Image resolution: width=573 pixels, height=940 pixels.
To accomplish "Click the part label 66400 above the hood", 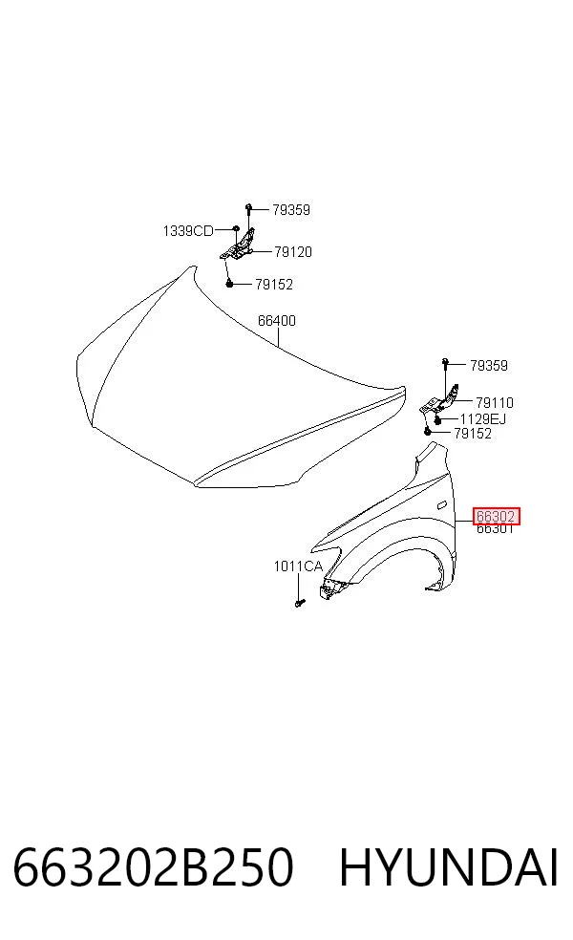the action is pos(276,321).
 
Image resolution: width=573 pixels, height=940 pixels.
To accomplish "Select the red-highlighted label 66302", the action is pos(496,516).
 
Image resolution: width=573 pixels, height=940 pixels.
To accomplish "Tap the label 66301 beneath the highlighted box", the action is pos(495,529).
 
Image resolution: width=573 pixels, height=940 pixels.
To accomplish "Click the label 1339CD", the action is pos(188,231).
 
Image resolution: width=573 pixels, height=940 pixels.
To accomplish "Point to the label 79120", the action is pos(293,252).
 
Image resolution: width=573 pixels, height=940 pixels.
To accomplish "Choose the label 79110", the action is pos(495,403).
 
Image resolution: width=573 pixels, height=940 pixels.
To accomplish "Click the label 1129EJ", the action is pos(483,419).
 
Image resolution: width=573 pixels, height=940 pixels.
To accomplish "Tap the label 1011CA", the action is pos(298,566).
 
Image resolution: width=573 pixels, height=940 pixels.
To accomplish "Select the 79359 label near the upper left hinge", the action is pos(291,210).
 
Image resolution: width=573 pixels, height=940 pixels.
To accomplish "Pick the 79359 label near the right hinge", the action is pos(489,366).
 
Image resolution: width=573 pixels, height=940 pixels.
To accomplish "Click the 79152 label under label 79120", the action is pos(274,284).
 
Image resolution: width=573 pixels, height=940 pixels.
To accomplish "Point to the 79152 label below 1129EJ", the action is pos(473,434).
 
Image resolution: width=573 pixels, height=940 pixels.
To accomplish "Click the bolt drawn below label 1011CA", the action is pos(300,602).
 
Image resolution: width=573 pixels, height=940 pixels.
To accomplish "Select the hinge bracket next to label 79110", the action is pos(440,400).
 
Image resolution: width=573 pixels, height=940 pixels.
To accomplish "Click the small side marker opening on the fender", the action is pos(441,504).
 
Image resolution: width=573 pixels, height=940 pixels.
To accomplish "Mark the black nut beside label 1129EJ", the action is pos(438,419).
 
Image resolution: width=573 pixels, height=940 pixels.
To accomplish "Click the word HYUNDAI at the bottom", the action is pos(449,867).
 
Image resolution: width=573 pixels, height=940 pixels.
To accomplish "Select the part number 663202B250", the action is pos(154,867).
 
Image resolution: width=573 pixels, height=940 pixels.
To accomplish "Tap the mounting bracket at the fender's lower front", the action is pos(329,588).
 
